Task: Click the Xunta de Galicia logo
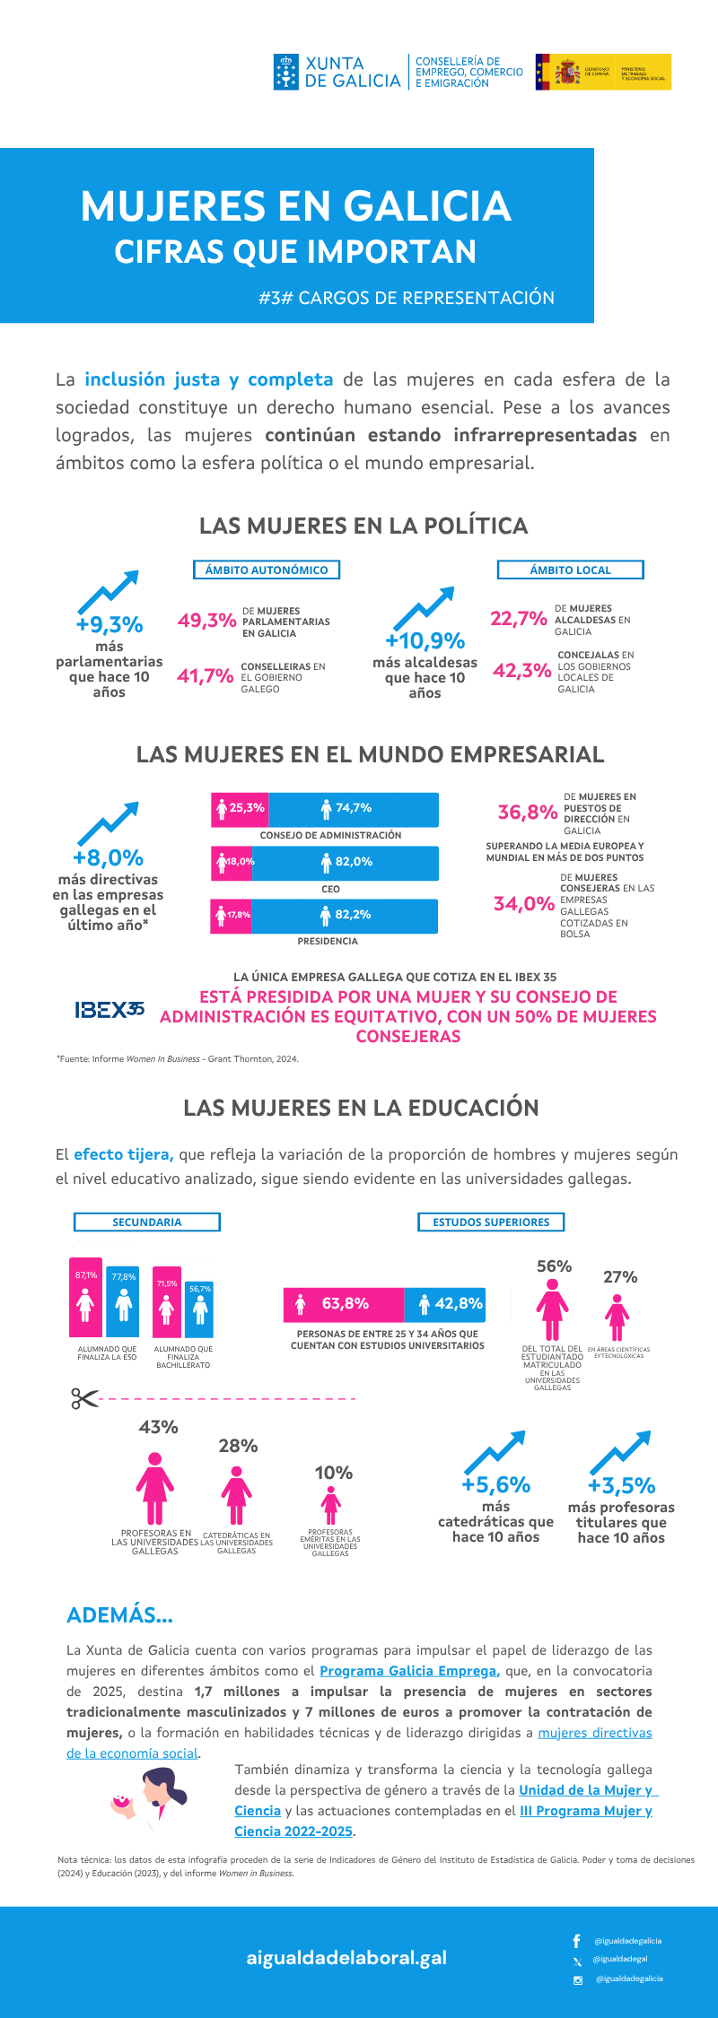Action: (x=337, y=72)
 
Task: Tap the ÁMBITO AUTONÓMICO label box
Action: (x=267, y=570)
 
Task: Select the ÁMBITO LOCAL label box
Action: (x=570, y=570)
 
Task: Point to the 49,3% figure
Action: (x=206, y=621)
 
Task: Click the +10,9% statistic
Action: (x=425, y=640)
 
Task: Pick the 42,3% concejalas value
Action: (x=521, y=670)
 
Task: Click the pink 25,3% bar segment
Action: (x=241, y=809)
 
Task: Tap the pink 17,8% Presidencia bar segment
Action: (x=232, y=916)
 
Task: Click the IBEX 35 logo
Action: (x=109, y=1010)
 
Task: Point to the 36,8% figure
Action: (x=528, y=813)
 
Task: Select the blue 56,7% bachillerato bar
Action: (x=200, y=1309)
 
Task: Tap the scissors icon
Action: (x=84, y=1398)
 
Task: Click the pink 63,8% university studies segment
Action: (x=344, y=1304)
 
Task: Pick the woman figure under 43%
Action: (x=155, y=1489)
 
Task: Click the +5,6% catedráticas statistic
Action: (x=495, y=1485)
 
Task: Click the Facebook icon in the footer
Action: (x=576, y=1940)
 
